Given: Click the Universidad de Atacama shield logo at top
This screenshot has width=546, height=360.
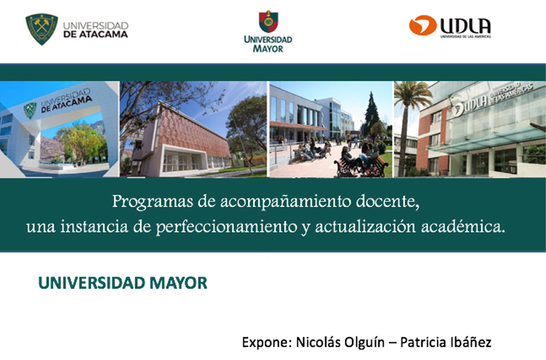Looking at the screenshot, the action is coord(42,30).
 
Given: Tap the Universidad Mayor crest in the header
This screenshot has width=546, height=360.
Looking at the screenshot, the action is coord(268,22).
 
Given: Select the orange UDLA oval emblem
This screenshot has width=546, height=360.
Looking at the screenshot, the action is coord(423,26).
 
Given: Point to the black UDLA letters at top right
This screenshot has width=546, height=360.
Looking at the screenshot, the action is coord(465,26).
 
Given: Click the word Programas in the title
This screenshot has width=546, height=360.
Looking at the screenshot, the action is coord(152,202).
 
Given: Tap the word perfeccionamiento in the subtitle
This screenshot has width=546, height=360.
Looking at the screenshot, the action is coord(226,227).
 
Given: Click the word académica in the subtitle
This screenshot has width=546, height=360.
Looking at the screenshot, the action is coord(463,227).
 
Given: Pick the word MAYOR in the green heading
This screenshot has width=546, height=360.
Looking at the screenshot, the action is coord(179,283).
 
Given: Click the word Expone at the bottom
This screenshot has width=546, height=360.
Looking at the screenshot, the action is coord(267,342).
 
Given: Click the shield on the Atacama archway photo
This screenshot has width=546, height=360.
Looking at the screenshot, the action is coord(30,110).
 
